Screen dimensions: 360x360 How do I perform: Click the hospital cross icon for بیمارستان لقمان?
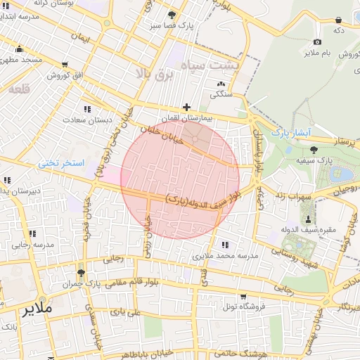(x=186, y=108)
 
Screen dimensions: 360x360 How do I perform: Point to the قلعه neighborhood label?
(x=19, y=89)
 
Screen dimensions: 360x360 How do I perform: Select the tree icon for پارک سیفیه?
(x=313, y=149)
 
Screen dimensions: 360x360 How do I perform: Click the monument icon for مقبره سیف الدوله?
(x=307, y=219)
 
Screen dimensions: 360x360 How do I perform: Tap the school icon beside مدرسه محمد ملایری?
(x=226, y=245)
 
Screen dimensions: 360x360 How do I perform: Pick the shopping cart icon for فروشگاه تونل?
(x=243, y=296)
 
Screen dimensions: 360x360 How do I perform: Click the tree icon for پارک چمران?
(x=81, y=273)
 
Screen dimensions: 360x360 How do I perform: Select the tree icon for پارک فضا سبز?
(x=172, y=15)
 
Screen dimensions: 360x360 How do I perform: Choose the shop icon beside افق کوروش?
(x=65, y=65)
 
